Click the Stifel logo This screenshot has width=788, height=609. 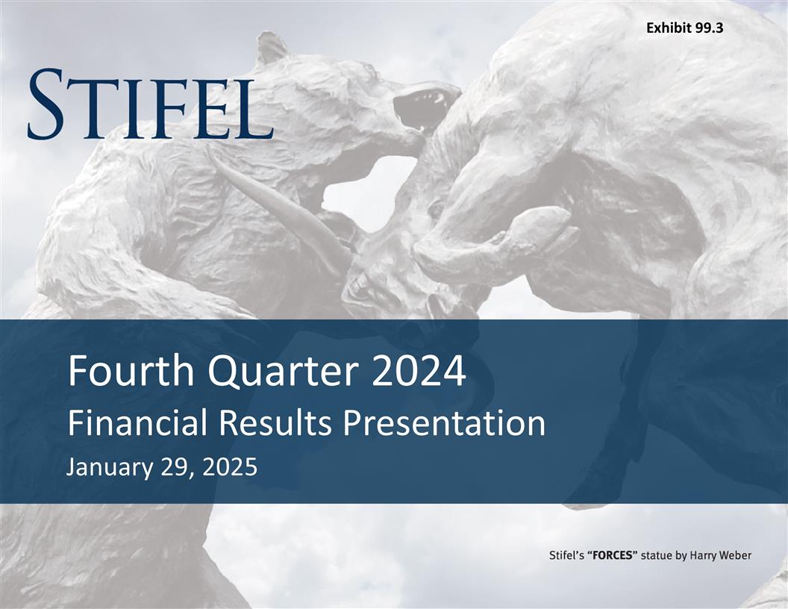click(150, 104)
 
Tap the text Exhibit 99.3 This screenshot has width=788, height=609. click(684, 28)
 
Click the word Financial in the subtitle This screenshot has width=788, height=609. click(134, 424)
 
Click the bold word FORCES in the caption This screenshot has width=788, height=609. click(612, 555)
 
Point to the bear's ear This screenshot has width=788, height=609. click(269, 49)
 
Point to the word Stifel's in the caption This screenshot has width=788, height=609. click(566, 555)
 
